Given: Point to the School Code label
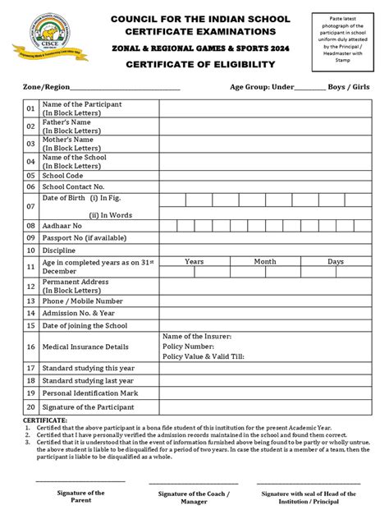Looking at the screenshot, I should pyautogui.click(x=65, y=175).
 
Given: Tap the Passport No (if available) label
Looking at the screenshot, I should pyautogui.click(x=85, y=237).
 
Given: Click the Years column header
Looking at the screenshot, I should pyautogui.click(x=194, y=261).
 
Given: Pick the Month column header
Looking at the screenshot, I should pyautogui.click(x=264, y=261).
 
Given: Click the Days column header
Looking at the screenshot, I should pyautogui.click(x=336, y=261).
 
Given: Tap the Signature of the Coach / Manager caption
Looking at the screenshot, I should pyautogui.click(x=194, y=498).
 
